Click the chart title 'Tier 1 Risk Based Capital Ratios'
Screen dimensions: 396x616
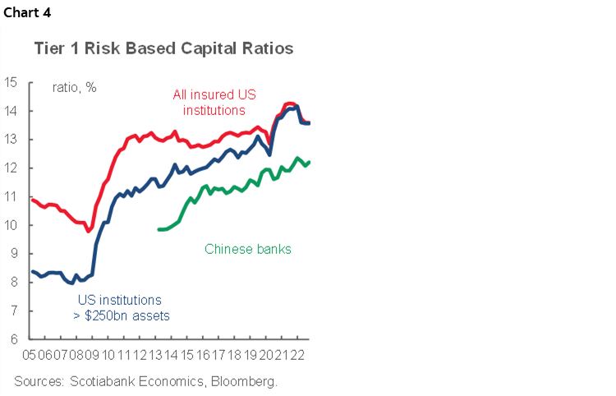point(163,48)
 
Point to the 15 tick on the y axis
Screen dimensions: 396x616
point(11,82)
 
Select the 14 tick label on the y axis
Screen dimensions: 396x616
point(11,111)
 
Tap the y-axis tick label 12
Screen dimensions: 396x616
point(11,168)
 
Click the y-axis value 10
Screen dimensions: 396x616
point(11,225)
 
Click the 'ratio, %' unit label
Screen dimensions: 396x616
point(75,86)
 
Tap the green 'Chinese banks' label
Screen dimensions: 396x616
point(247,248)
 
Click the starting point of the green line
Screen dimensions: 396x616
point(158,229)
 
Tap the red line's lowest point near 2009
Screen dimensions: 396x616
point(89,231)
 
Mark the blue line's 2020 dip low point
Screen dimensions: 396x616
point(269,154)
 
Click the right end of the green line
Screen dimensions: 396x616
point(309,162)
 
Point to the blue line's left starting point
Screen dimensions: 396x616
point(31,271)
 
